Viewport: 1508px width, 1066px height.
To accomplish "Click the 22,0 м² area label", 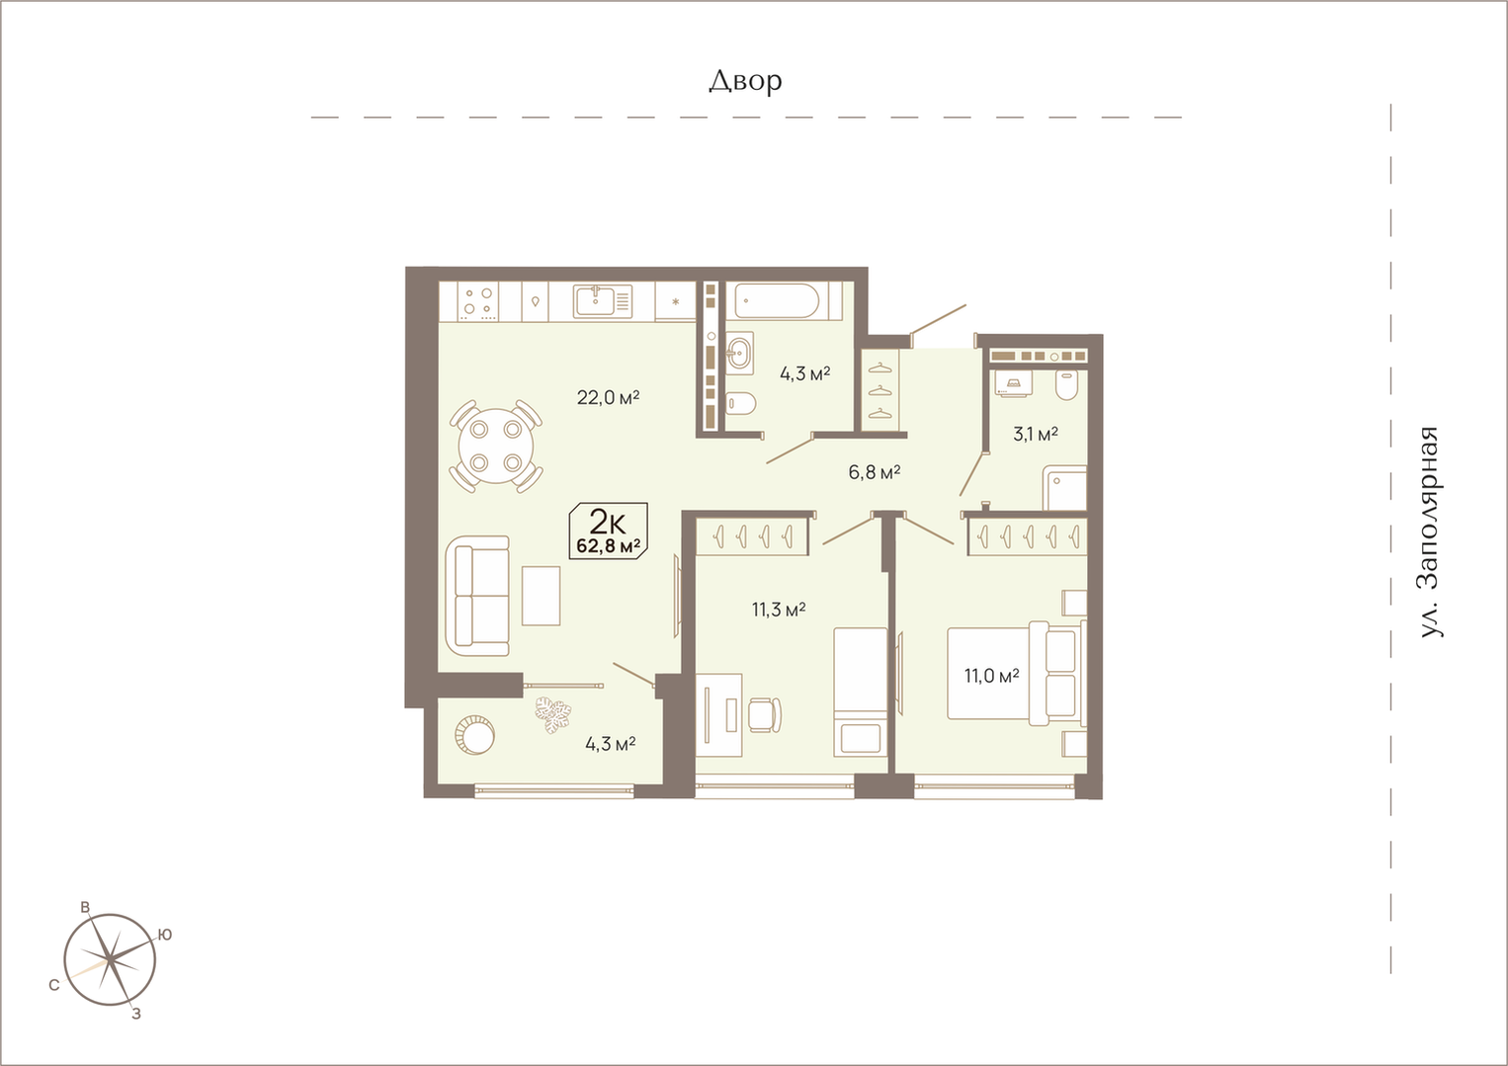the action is (608, 397).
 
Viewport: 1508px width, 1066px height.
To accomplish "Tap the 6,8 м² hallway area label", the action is (875, 472).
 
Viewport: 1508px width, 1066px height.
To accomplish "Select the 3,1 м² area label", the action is (1036, 434).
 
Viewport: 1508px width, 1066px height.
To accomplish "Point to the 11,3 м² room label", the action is (779, 610).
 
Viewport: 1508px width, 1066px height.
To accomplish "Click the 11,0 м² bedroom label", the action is (991, 675).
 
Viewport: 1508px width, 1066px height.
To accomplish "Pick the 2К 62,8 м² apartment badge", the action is (609, 531).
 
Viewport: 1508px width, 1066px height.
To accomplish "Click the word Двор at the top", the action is (745, 81).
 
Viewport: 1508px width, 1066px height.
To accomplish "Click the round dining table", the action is (496, 447).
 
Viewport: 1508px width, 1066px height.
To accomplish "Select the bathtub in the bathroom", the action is (778, 300).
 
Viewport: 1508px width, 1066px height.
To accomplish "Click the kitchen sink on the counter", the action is (603, 301).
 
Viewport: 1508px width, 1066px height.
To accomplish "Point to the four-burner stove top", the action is (478, 300).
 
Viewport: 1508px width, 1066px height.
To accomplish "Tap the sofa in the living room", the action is (477, 597).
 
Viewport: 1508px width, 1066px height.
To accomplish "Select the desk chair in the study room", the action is (766, 714).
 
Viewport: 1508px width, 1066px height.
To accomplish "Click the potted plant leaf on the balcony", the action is (553, 714).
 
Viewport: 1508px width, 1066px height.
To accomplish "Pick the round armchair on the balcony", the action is (474, 735).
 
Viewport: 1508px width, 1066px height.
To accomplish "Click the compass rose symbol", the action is (110, 960).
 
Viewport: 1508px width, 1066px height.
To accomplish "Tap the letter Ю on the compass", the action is (165, 935).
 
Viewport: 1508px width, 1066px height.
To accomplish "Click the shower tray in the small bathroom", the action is (1065, 488).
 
